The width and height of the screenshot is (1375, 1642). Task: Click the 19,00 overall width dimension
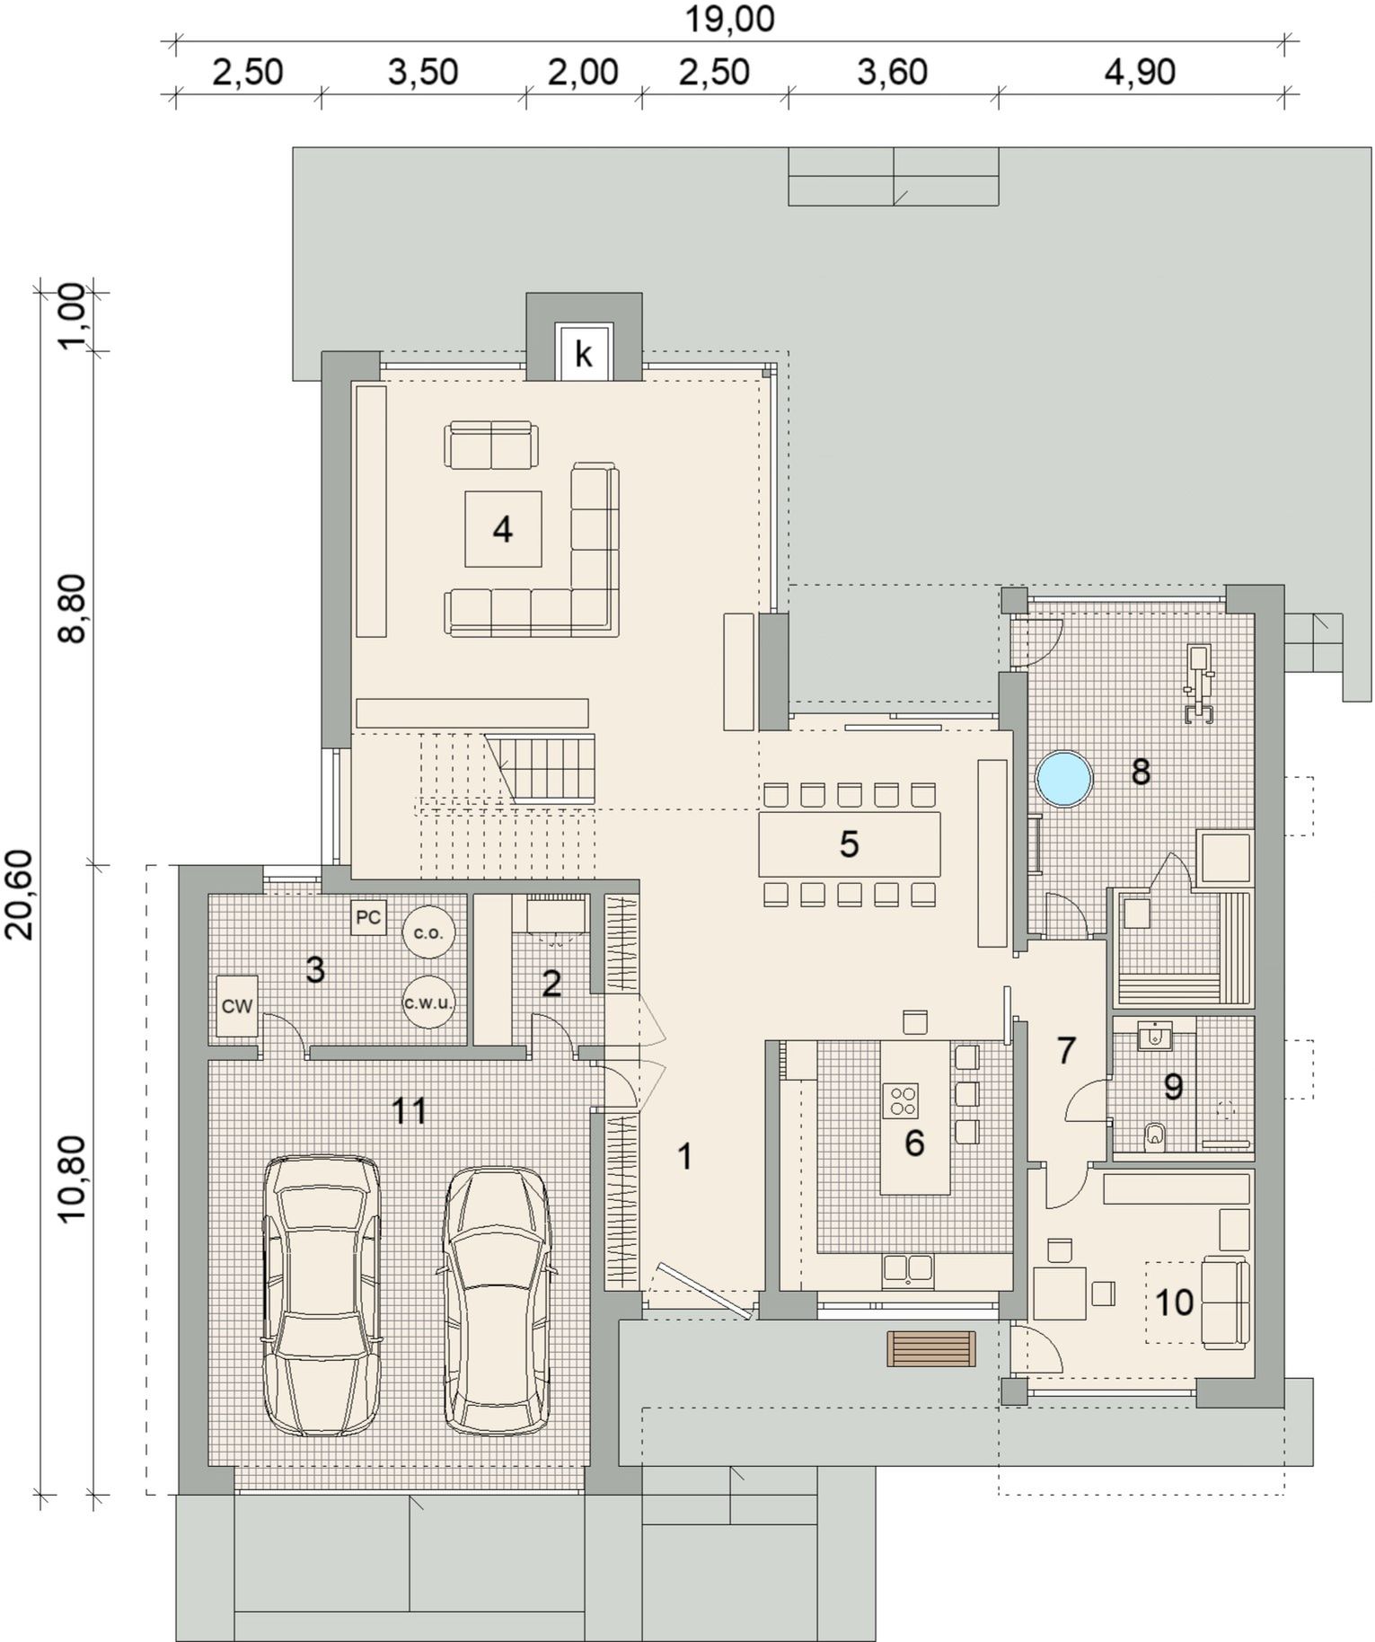729,19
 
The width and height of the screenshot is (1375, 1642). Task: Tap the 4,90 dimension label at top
1140,72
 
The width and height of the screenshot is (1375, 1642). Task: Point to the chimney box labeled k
584,354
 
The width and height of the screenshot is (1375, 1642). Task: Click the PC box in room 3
368,918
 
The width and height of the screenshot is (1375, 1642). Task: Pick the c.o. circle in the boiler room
428,932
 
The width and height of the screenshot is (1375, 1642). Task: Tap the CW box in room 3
237,1007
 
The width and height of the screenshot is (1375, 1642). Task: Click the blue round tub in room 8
1064,779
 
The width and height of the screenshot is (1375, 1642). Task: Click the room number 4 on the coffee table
503,530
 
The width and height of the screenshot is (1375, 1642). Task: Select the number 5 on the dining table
849,844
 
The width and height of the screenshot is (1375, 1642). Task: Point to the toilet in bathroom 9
1155,1137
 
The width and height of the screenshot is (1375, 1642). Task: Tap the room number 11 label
410,1111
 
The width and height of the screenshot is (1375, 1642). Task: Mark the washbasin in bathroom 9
1153,1037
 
